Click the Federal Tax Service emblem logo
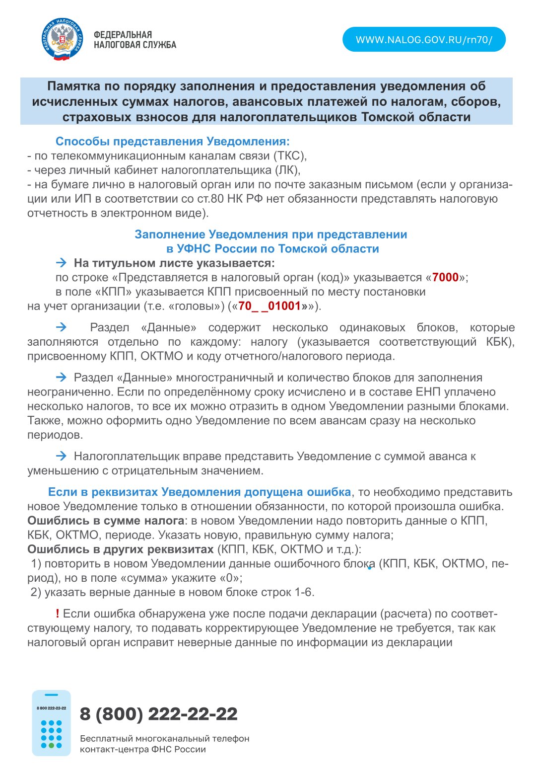(x=62, y=39)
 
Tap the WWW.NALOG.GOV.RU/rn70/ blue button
(x=424, y=40)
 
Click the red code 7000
(x=445, y=277)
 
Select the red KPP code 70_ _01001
(x=269, y=306)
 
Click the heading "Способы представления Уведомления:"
(x=172, y=142)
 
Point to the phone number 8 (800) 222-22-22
(x=158, y=714)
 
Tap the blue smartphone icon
(x=51, y=723)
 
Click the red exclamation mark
(x=58, y=614)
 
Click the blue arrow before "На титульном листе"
(x=61, y=263)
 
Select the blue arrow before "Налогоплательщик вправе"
(x=61, y=456)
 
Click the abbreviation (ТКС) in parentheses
(x=290, y=156)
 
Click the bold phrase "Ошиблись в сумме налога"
(x=106, y=521)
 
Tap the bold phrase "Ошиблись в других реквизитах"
(x=121, y=549)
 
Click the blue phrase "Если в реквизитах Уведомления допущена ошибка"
(x=200, y=492)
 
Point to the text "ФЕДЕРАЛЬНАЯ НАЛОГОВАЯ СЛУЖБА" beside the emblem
(x=134, y=40)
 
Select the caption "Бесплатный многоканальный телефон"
(x=165, y=739)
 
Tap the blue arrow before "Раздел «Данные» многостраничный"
(x=61, y=378)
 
